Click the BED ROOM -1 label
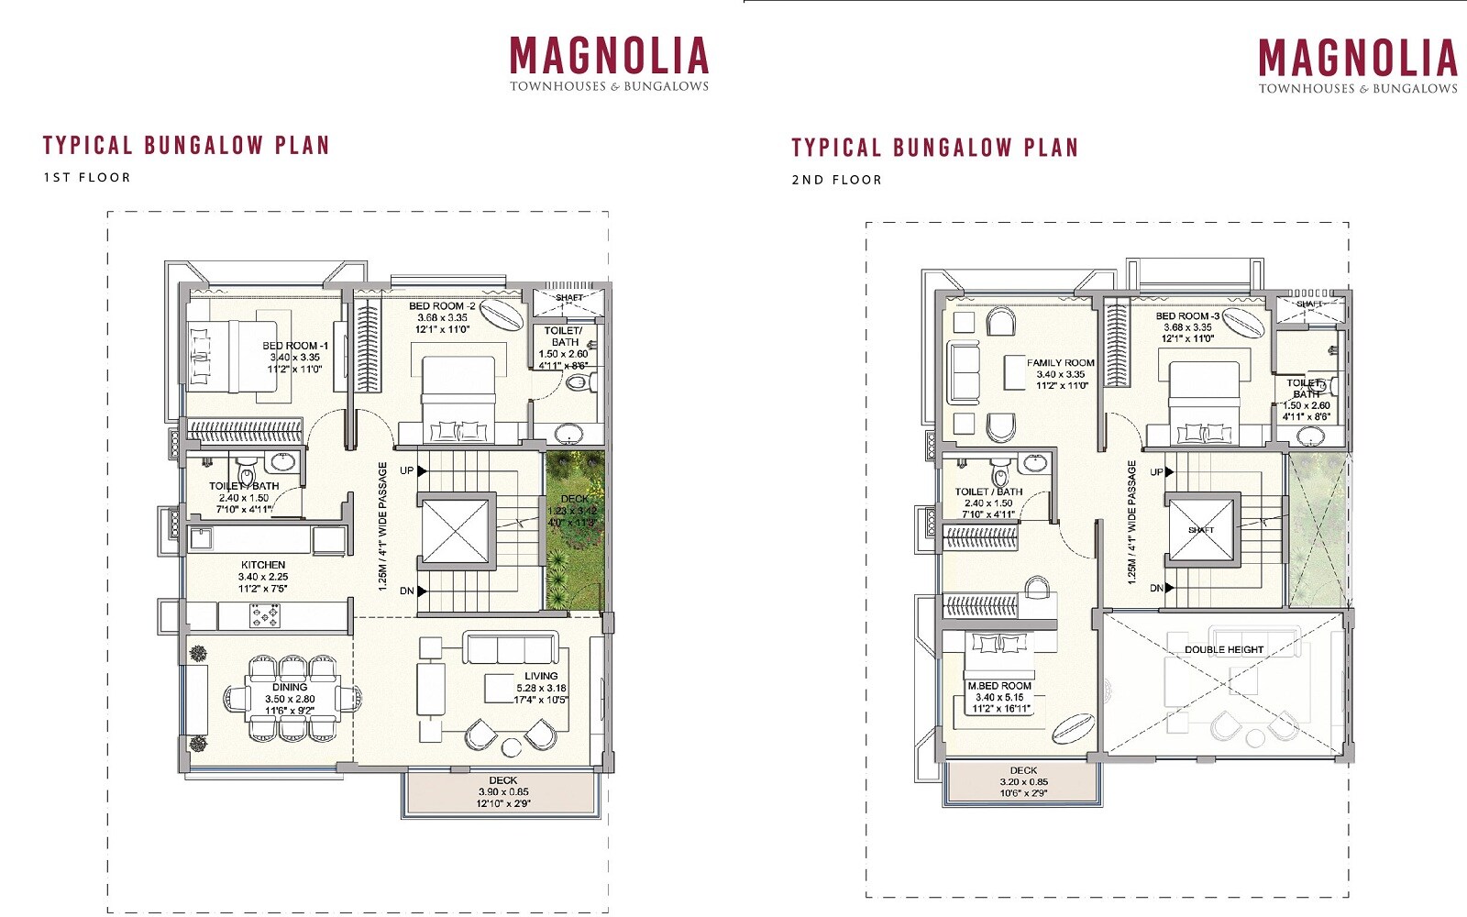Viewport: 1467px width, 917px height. [x=294, y=346]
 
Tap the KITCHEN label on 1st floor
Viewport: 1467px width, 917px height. [x=263, y=565]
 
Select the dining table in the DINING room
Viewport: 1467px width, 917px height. [x=290, y=699]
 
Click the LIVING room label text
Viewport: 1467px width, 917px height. [x=541, y=676]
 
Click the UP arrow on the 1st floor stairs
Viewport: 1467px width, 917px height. [x=422, y=470]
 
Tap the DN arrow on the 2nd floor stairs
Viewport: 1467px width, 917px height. [x=1169, y=588]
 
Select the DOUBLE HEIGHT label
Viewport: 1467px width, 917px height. [x=1223, y=649]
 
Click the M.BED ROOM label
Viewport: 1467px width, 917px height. [x=999, y=686]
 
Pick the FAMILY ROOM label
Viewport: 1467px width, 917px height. [x=1060, y=363]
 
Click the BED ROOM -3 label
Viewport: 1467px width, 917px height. [x=1187, y=315]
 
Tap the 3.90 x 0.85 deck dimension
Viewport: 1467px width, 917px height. [x=503, y=791]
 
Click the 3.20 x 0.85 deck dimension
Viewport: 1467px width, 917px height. [x=1023, y=782]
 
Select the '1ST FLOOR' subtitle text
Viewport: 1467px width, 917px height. [x=87, y=177]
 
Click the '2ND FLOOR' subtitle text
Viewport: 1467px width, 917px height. [x=836, y=180]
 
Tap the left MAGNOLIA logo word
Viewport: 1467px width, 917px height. [x=609, y=57]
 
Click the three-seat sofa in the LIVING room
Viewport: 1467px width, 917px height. [x=510, y=647]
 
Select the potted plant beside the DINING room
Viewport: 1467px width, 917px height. [x=198, y=653]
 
